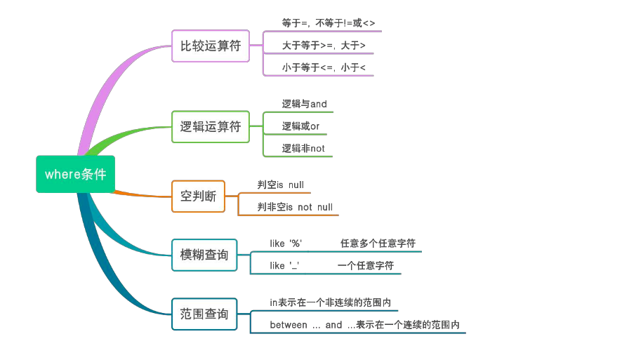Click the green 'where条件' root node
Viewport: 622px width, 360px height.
[75, 174]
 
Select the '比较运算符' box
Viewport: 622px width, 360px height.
[211, 46]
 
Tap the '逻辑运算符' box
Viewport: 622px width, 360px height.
[211, 127]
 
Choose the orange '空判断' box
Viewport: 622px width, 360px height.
[199, 196]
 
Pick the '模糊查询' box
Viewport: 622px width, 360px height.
[204, 255]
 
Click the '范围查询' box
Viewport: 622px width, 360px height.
[204, 314]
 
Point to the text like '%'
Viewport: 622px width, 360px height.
[286, 244]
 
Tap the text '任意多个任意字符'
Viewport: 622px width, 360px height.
[378, 244]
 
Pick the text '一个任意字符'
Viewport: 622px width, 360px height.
[366, 266]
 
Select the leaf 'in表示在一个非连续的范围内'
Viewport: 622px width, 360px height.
[330, 302]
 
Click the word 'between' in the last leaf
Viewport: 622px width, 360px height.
[289, 325]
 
